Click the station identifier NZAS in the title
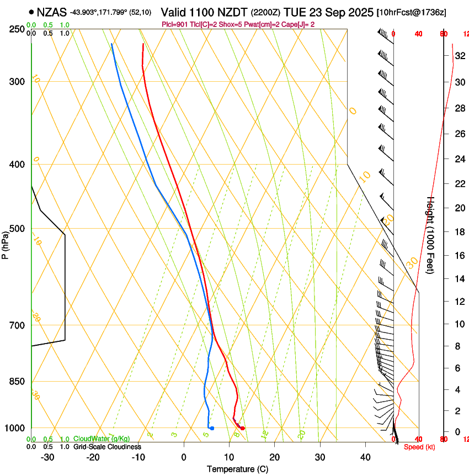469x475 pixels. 51,12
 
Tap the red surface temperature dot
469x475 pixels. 242,428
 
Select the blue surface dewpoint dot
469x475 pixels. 212,428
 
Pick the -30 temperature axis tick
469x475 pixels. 47,457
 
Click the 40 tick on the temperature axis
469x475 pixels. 365,457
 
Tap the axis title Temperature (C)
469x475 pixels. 237,469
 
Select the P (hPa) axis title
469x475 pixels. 5,244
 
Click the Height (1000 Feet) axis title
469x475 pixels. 431,235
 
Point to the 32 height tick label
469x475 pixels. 459,56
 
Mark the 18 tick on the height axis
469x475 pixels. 459,232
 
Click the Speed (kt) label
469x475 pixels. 419,447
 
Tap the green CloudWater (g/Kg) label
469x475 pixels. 102,439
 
